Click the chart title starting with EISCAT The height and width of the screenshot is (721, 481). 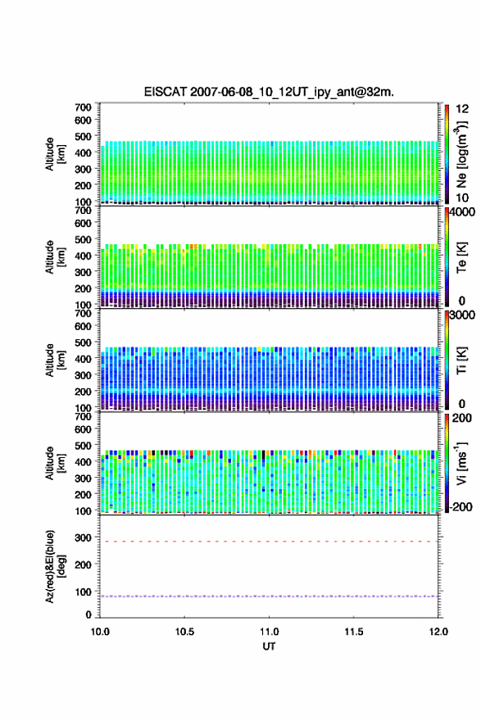tap(269, 92)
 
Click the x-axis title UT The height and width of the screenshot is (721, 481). tap(269, 646)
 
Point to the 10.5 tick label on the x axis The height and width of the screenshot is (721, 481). tap(184, 632)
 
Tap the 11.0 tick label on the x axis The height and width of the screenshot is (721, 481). tap(269, 632)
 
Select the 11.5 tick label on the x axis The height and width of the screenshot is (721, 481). tap(354, 632)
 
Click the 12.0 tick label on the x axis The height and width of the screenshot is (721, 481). tap(438, 632)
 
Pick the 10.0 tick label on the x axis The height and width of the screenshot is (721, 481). tap(100, 632)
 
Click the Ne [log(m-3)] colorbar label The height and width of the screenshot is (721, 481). tap(461, 154)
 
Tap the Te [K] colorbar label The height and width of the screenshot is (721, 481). tap(461, 257)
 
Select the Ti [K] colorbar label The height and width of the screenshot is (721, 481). tap(461, 360)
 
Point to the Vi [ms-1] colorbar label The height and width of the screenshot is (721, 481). tap(461, 464)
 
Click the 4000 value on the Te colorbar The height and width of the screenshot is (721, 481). tap(462, 212)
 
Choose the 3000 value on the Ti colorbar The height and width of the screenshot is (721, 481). tap(462, 315)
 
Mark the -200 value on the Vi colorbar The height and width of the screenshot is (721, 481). tap(459, 506)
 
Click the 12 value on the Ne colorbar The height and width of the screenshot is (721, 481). tap(462, 109)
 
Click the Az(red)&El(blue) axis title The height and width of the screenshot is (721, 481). tap(55, 566)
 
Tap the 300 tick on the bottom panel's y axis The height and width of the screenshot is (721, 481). tap(83, 537)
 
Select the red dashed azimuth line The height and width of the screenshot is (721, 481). tap(269, 542)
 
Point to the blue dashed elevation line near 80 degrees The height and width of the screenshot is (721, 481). tap(269, 596)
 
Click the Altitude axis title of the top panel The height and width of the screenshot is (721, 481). tap(55, 154)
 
